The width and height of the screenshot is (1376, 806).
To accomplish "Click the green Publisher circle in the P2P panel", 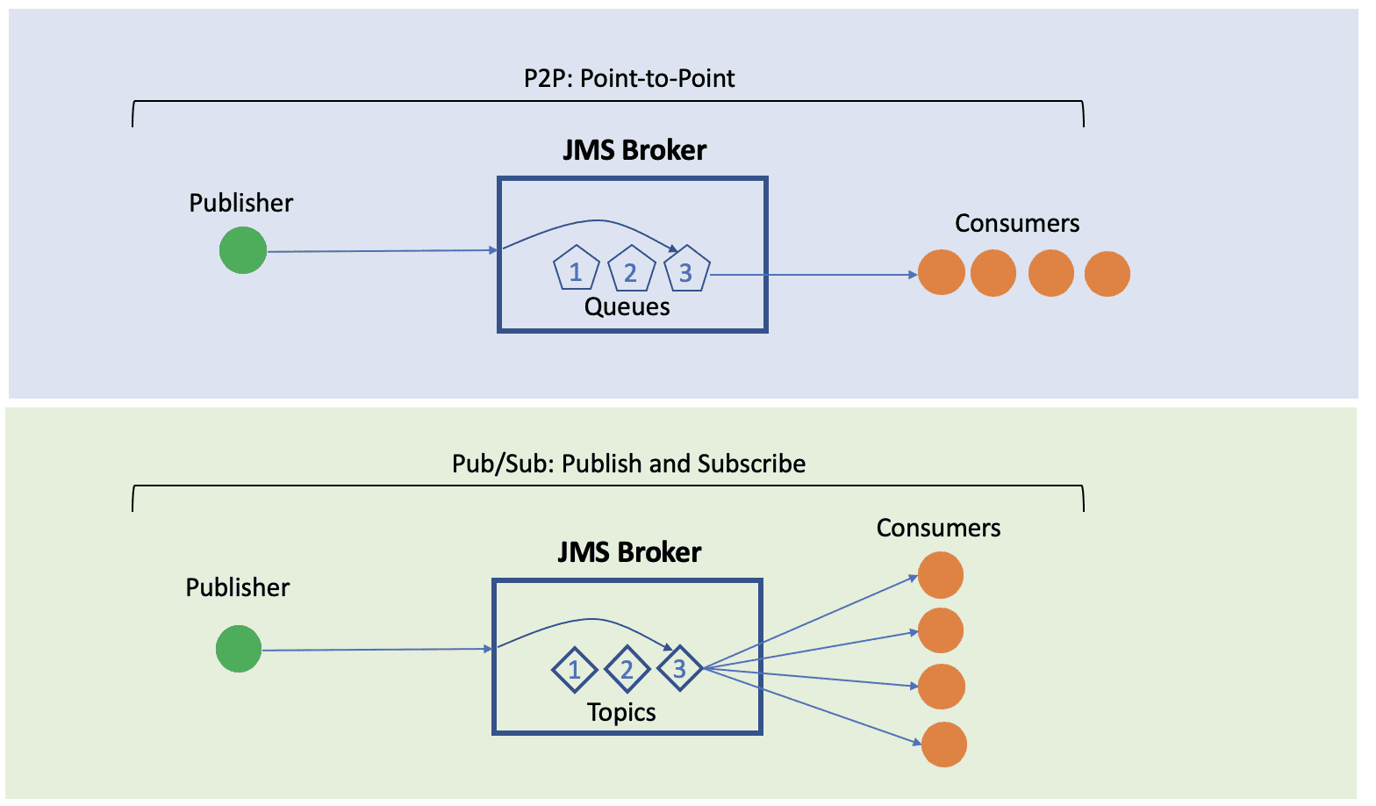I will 243,250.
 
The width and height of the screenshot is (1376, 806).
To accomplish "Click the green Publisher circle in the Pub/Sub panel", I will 239,649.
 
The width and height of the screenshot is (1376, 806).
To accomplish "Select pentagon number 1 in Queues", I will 576,270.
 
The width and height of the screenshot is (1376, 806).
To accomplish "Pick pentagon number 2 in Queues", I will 631,270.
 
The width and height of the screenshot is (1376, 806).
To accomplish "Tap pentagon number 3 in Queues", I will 686,270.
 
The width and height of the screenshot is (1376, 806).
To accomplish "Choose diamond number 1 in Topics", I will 574,670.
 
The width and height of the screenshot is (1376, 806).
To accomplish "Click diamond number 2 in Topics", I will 627,670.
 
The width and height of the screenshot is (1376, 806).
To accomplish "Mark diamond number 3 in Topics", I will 679,669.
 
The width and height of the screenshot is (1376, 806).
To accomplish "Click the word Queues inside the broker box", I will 627,306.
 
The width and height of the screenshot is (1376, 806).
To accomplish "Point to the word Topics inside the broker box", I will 621,712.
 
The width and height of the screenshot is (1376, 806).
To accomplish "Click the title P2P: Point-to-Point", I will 629,78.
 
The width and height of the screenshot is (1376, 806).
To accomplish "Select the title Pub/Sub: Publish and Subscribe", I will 628,464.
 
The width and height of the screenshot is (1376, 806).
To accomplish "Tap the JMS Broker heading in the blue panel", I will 634,150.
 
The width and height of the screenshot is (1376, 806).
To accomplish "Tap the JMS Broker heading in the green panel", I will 629,552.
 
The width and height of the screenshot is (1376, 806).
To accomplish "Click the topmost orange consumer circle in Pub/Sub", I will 941,575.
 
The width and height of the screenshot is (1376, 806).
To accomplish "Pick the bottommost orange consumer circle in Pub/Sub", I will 944,745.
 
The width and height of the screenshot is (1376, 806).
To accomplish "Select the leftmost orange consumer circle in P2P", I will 942,272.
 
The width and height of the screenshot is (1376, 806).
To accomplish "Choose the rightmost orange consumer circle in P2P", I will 1107,274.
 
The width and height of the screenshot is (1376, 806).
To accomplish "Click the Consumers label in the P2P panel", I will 1017,223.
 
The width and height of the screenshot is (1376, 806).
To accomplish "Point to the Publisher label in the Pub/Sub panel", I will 238,587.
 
